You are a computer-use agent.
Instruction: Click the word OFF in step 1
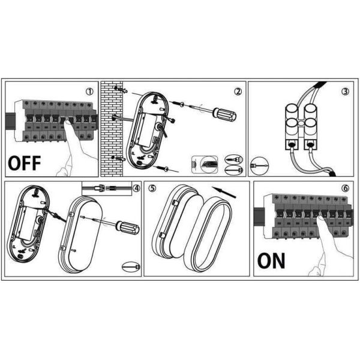[25, 163]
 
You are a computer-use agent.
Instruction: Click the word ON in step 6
[271, 260]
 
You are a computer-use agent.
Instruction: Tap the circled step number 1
[89, 92]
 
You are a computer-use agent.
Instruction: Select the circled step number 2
[238, 92]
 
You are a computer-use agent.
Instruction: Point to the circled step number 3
[345, 92]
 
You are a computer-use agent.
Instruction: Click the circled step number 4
[136, 188]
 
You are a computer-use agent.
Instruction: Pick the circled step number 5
[152, 188]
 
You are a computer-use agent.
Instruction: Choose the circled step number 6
[345, 188]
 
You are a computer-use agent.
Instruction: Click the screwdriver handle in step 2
[224, 114]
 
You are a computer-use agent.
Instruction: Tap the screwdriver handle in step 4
[128, 227]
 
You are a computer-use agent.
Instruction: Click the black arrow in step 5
[224, 192]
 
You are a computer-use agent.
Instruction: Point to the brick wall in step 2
[112, 129]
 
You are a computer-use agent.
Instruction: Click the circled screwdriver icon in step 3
[259, 166]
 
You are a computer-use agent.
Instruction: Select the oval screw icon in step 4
[131, 267]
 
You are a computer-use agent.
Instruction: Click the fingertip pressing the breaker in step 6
[320, 219]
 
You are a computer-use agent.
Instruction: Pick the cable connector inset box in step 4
[107, 188]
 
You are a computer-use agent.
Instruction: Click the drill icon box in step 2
[205, 164]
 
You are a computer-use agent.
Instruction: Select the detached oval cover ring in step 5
[208, 234]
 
